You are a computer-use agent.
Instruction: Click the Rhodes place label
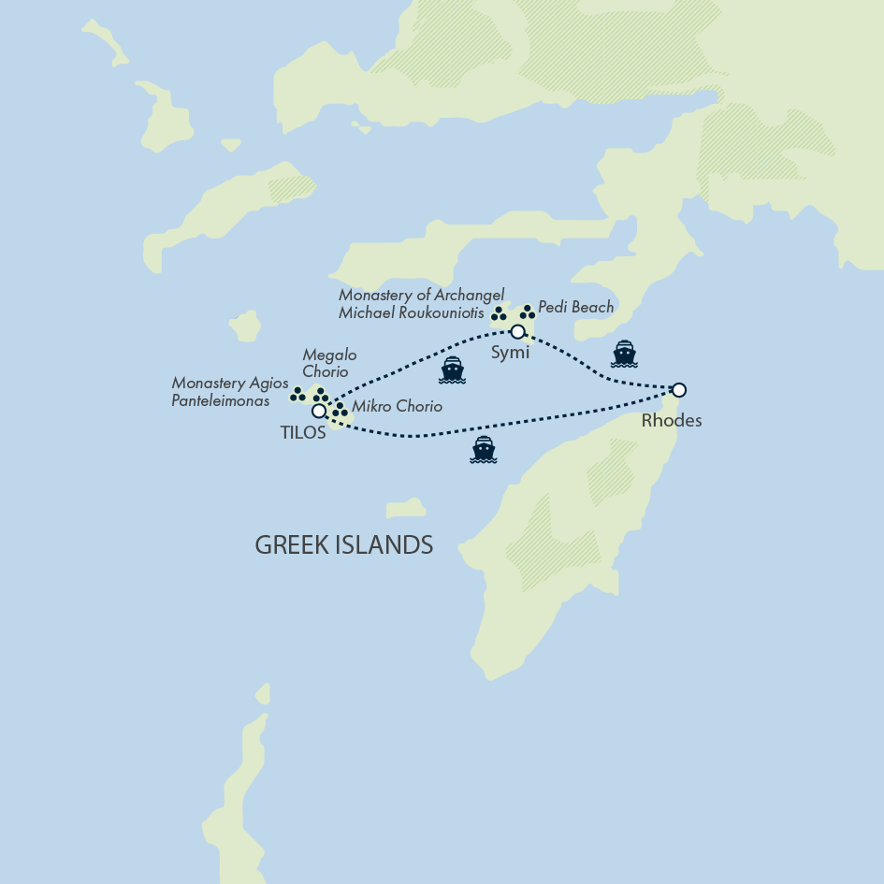tap(671, 421)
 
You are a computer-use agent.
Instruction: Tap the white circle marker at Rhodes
tap(679, 390)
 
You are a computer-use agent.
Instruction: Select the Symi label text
tap(510, 352)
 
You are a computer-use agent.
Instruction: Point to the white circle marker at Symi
tap(517, 331)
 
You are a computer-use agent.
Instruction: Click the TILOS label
tap(303, 433)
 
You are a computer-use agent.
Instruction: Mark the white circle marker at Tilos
tap(319, 411)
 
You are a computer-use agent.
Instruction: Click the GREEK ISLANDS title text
tap(343, 545)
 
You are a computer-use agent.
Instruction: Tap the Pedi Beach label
tap(575, 307)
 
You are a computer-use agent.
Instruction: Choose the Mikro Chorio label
tap(397, 408)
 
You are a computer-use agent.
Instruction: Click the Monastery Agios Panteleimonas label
tap(230, 392)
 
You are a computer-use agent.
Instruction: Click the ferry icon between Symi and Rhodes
tap(624, 354)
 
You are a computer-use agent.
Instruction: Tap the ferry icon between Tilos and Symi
tap(452, 370)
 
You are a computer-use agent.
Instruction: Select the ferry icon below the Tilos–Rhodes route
tap(483, 450)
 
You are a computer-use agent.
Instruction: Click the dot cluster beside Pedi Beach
tap(527, 312)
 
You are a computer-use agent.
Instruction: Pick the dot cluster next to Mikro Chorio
tap(340, 410)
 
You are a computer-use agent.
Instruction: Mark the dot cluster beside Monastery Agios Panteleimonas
tap(297, 395)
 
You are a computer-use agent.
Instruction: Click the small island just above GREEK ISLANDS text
tap(406, 508)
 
